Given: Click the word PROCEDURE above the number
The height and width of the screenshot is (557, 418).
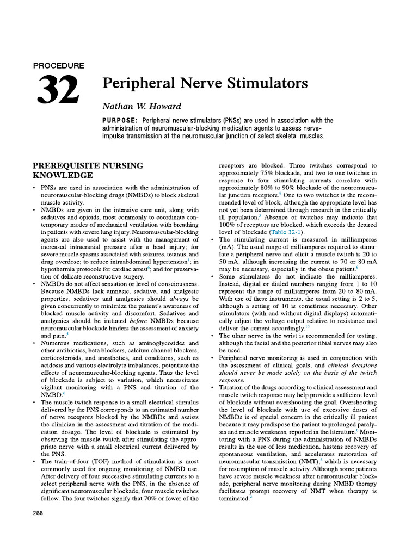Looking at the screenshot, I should point(59,65).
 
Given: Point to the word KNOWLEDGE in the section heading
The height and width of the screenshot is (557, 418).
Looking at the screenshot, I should point(63,176).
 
